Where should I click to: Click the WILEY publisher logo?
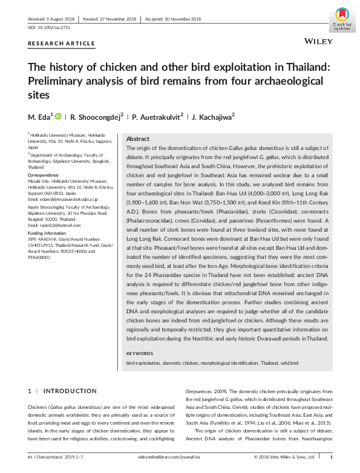[316, 43]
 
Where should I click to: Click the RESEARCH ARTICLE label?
[62, 44]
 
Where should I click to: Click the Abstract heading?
[137, 139]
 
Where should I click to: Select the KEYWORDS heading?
[140, 353]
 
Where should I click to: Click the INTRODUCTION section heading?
[70, 391]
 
